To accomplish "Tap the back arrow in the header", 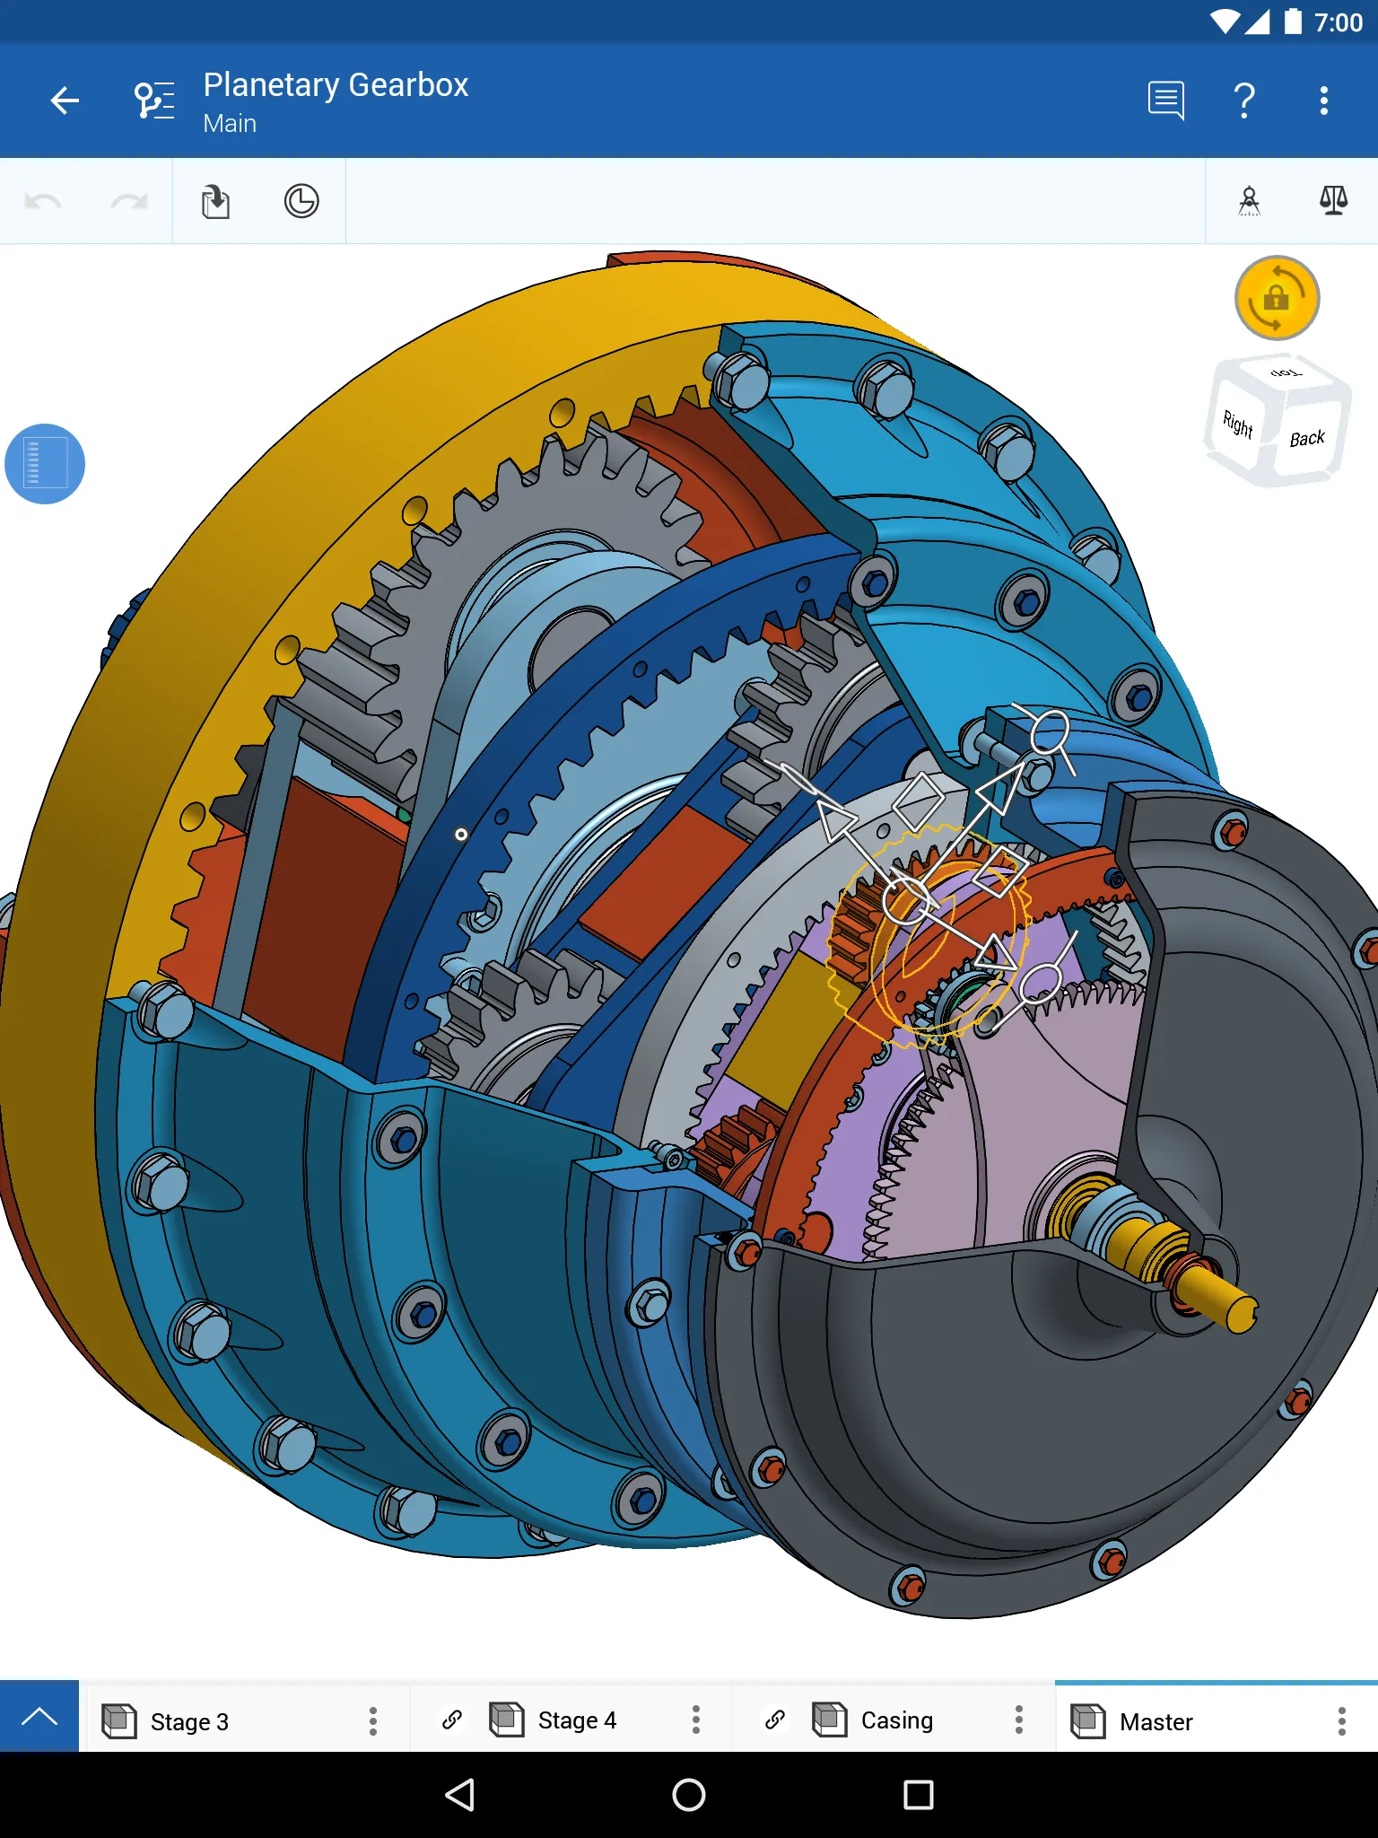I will click(65, 101).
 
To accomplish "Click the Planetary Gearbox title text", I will click(336, 85).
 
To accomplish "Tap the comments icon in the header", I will click(1165, 101).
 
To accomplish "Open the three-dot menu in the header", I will click(1323, 101).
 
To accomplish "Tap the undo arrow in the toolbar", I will click(43, 201).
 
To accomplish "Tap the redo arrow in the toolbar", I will click(129, 201).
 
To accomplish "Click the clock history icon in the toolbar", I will click(301, 201).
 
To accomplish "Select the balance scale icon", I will click(1333, 201).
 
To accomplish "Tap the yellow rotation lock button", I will click(1277, 298).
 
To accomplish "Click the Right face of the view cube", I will click(1238, 424).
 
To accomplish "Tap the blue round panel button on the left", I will click(45, 463).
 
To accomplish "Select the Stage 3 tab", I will click(190, 1721).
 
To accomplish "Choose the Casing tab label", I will click(896, 1720).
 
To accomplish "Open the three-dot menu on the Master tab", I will click(1341, 1720).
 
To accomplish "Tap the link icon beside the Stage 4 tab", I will click(452, 1720).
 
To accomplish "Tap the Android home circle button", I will click(688, 1795).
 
